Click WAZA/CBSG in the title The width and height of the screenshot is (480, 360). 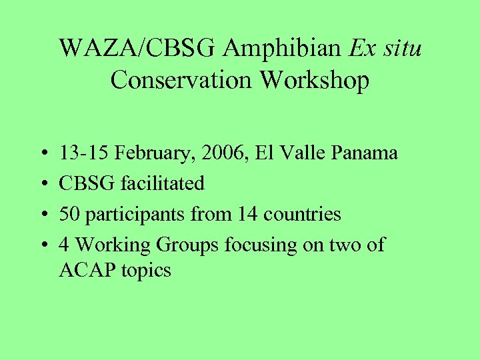click(139, 49)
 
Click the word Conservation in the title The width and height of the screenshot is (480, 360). click(182, 80)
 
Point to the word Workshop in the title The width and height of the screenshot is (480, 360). click(314, 80)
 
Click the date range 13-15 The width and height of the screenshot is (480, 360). click(85, 153)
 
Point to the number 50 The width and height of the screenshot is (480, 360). click(69, 214)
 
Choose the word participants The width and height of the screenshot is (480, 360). click(127, 215)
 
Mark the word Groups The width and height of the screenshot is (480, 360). click(187, 246)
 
